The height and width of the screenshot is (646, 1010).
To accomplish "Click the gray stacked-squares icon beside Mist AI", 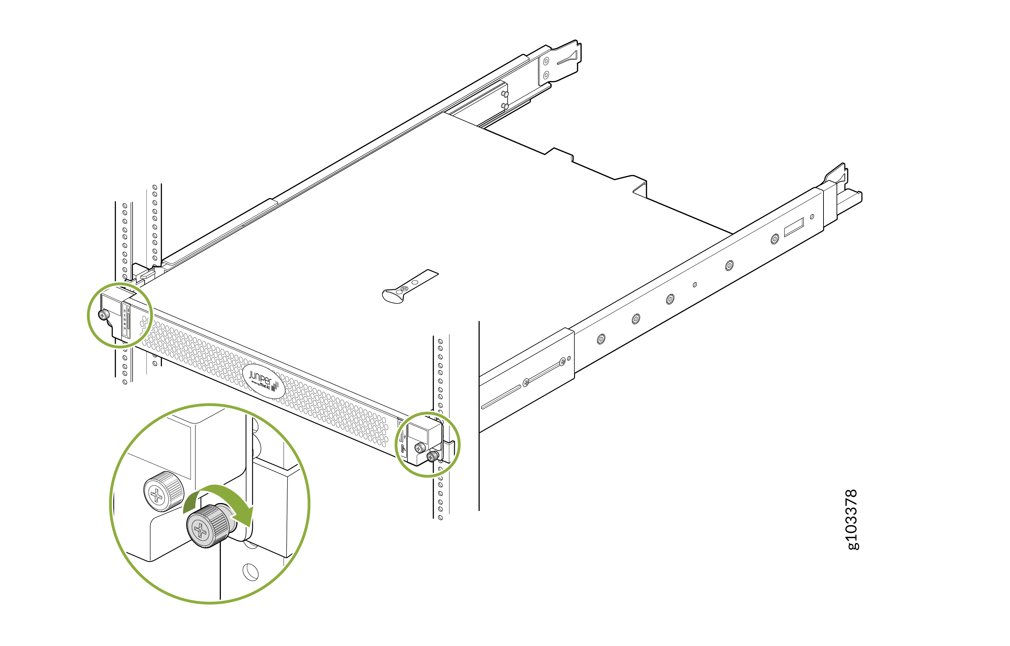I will (275, 386).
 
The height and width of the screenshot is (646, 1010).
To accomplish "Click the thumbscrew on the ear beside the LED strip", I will (104, 315).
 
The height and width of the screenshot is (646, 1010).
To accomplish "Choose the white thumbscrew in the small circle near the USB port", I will (419, 447).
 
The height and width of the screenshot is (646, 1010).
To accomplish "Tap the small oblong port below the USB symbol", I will (403, 449).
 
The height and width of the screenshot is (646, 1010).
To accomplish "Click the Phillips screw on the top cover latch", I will (405, 289).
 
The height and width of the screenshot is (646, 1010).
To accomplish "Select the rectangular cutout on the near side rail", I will (794, 227).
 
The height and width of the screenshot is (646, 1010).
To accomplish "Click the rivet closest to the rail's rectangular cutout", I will (775, 239).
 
